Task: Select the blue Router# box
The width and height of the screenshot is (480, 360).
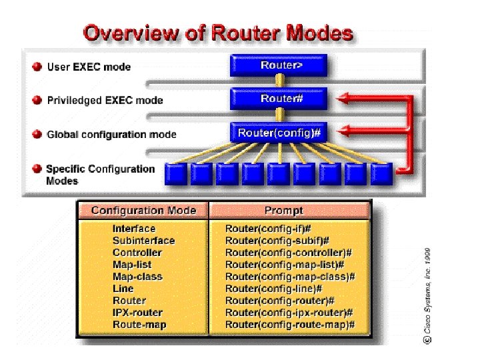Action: coord(278,99)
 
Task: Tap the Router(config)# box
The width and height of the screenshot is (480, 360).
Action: coord(279,133)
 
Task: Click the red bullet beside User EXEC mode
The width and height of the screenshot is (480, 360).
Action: coord(37,67)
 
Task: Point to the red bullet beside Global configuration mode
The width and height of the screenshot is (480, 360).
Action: coord(37,135)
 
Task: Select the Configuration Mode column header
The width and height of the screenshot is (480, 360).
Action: coord(143,211)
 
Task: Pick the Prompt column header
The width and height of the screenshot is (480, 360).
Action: coord(283,211)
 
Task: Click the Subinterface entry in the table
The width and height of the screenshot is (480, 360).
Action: coord(143,241)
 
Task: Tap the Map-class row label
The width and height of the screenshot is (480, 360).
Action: coord(137,277)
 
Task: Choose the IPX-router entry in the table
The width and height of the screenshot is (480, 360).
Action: coord(137,313)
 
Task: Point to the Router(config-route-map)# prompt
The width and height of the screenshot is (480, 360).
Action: coord(290,325)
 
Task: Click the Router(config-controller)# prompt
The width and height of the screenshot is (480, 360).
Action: coord(288,253)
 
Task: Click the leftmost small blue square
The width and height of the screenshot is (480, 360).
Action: coord(175,174)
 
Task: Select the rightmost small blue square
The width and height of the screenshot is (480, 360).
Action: coord(382,174)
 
